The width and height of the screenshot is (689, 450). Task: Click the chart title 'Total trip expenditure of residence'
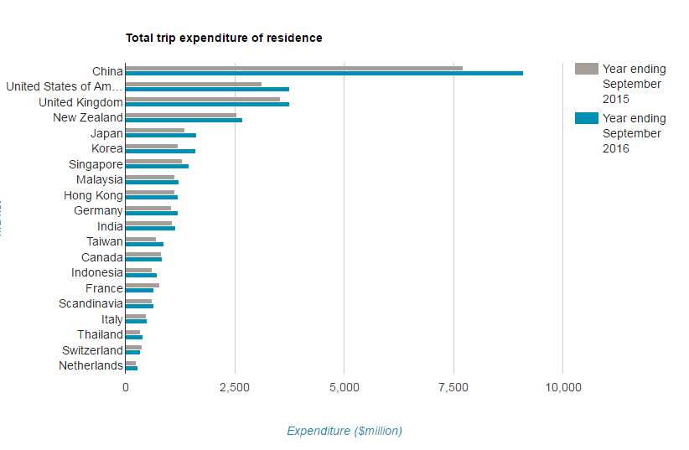click(224, 38)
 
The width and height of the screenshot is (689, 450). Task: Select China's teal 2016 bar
click(324, 73)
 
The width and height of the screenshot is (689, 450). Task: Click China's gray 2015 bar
click(293, 68)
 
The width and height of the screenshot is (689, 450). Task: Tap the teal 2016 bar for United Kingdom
click(207, 104)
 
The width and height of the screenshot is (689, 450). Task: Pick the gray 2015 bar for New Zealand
click(181, 115)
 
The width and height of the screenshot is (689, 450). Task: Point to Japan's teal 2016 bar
click(161, 135)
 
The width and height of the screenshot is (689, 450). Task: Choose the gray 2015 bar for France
click(142, 285)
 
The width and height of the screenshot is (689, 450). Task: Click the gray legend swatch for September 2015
click(587, 69)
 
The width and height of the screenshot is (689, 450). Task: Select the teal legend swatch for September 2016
click(587, 118)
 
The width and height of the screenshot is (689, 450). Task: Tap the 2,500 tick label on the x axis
click(235, 387)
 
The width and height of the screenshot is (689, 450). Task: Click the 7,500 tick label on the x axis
click(453, 387)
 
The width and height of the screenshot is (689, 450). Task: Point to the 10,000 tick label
click(562, 387)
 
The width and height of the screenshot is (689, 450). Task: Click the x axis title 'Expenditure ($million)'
click(344, 431)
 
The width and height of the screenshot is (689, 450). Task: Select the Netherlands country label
click(91, 365)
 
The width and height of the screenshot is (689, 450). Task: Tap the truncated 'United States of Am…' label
click(64, 86)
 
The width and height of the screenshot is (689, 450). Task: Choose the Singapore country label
click(96, 164)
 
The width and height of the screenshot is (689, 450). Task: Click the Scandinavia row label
click(91, 303)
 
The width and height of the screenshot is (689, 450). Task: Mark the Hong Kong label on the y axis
click(93, 195)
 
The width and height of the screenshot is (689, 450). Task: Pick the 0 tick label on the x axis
click(126, 387)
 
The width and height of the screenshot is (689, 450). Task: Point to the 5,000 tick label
click(344, 387)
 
